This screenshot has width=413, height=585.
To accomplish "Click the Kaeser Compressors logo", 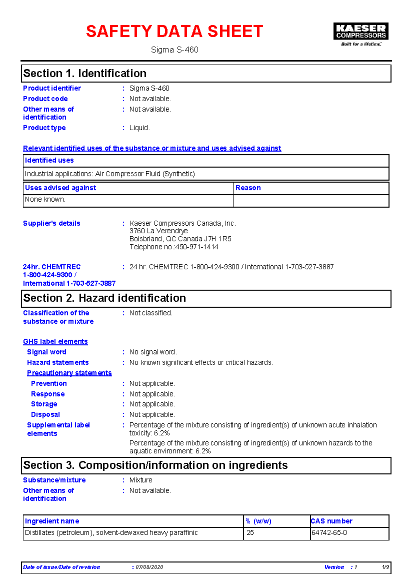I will click(x=361, y=34).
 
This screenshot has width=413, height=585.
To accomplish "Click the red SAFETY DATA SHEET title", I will click(x=174, y=31).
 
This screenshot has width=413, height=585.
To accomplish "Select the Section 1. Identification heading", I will click(x=85, y=73).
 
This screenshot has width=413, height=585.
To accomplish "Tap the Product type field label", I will click(x=44, y=128).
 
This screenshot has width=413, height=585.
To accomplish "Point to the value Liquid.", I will click(x=139, y=128).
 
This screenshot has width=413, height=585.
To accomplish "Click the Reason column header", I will click(x=248, y=188).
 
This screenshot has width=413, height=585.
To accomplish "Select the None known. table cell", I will click(x=45, y=199).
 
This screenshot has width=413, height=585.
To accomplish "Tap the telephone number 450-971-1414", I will click(x=197, y=247).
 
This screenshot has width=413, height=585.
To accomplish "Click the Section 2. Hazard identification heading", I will click(x=105, y=298).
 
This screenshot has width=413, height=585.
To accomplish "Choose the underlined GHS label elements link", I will click(x=55, y=341).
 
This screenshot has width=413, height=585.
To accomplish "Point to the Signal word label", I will click(x=47, y=352).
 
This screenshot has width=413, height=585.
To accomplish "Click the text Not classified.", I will click(x=151, y=313).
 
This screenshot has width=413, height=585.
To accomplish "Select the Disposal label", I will click(x=45, y=414).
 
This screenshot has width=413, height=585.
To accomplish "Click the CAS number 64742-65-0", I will click(x=329, y=533).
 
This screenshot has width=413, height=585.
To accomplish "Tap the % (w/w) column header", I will click(x=258, y=521).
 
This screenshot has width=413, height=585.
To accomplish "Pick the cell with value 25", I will click(x=250, y=533).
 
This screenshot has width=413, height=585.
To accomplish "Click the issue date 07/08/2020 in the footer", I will click(x=149, y=567).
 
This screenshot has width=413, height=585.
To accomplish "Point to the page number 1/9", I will click(x=385, y=567).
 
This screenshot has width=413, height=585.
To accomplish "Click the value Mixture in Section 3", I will click(x=141, y=480).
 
